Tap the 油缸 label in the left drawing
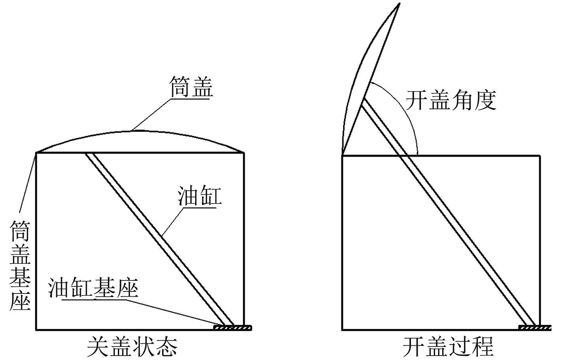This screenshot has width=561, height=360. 199,196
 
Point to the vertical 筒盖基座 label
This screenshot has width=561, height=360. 20,265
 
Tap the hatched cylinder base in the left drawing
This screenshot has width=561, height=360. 232,328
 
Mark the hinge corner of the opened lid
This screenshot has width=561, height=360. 343,154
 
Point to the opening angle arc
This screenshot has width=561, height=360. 408,115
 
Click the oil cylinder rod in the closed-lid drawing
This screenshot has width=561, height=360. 158,238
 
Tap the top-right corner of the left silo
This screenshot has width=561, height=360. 244,152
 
